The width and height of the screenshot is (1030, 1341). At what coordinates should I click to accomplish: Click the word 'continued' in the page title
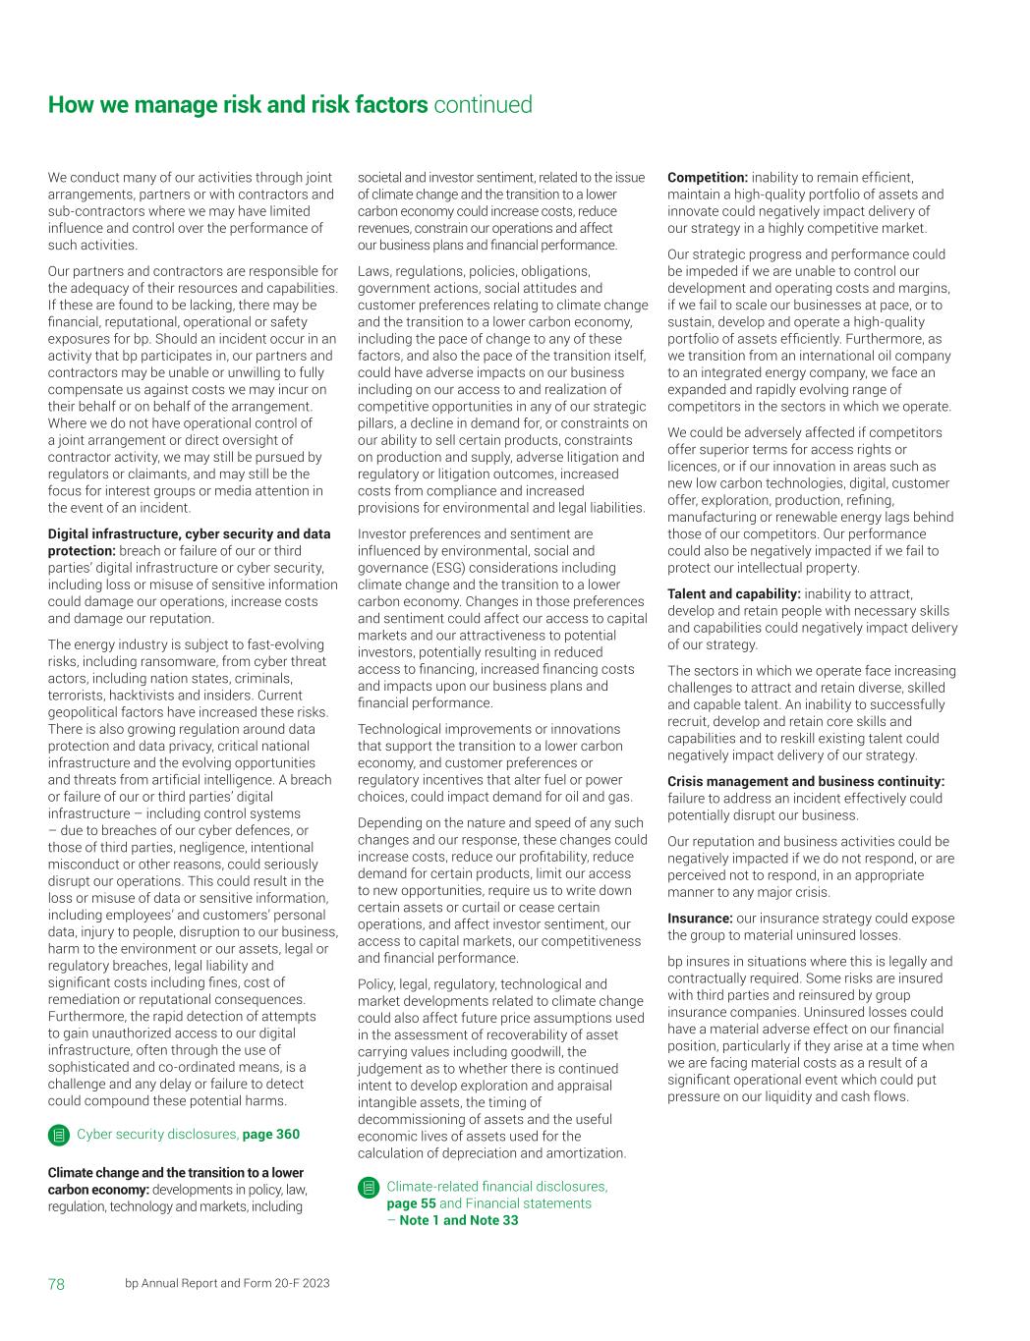[483, 105]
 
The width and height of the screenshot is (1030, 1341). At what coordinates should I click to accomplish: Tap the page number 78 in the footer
[57, 1284]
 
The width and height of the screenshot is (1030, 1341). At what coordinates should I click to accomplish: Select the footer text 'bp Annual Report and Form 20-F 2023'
[227, 1284]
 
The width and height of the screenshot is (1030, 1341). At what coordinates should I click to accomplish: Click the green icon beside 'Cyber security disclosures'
[58, 1136]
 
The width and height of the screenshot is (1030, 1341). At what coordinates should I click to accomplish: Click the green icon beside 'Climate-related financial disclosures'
[368, 1187]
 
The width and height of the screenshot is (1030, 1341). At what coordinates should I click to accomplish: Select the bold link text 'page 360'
[271, 1135]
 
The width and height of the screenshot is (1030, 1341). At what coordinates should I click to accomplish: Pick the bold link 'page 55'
[411, 1203]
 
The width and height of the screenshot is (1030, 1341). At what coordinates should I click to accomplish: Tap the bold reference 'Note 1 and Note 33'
[459, 1220]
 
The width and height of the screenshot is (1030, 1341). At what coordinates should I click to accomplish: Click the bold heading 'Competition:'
[708, 178]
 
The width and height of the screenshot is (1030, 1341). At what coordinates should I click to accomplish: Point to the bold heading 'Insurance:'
[700, 920]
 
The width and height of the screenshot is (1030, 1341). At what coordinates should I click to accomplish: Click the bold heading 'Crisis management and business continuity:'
[806, 782]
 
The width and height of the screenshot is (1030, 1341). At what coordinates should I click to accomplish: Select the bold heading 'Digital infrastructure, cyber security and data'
[189, 534]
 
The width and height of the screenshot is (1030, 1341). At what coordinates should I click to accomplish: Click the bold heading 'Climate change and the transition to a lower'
[176, 1173]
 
